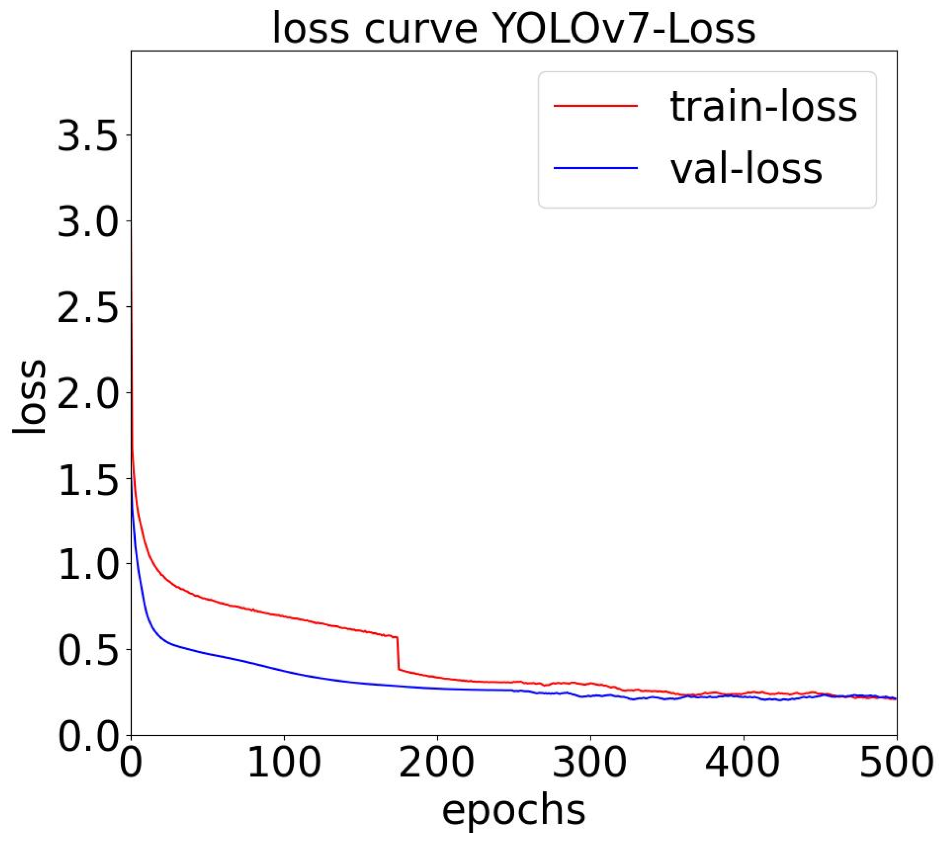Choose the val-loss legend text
(746, 169)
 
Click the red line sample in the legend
(596, 106)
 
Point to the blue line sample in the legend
(596, 168)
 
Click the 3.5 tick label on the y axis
(88, 137)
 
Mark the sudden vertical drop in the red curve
(397, 653)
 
